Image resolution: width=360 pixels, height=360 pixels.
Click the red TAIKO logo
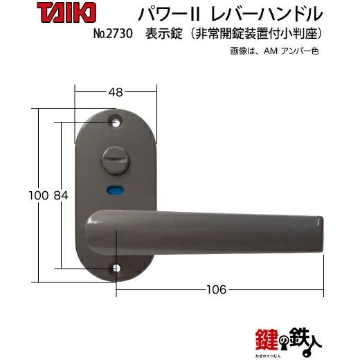(x=66, y=14)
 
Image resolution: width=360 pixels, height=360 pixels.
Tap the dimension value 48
(x=116, y=93)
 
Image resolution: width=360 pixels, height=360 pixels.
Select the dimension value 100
(x=39, y=196)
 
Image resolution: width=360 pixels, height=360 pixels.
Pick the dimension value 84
(x=61, y=196)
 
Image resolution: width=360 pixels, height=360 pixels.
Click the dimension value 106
(x=216, y=289)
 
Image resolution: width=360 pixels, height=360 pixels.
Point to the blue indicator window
(x=115, y=190)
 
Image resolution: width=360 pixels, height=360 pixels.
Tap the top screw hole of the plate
(x=115, y=122)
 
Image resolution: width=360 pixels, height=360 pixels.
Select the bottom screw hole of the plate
(x=116, y=269)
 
